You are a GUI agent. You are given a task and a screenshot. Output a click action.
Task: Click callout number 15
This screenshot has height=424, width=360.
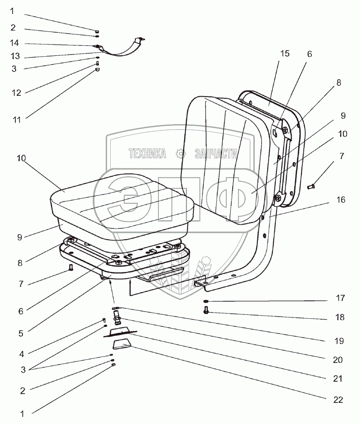(284, 54)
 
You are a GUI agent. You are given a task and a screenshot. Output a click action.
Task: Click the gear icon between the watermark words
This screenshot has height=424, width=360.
(182, 154)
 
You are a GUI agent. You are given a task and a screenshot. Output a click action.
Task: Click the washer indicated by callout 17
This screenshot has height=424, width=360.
(206, 302)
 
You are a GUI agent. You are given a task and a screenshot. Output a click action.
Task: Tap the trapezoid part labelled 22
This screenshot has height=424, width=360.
(122, 347)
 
